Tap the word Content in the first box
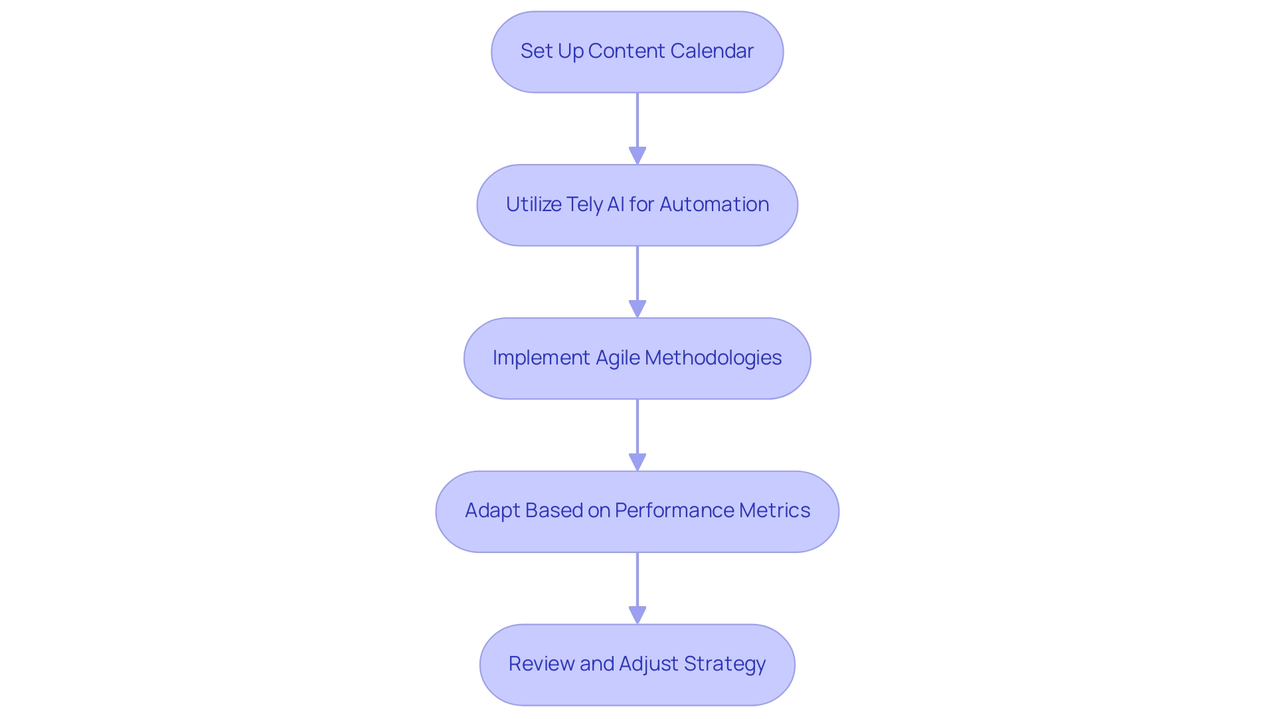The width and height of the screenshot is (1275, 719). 627,51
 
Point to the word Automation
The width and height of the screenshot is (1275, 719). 714,204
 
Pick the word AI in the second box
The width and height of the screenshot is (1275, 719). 616,204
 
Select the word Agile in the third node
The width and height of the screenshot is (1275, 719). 618,358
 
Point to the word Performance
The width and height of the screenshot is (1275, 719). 674,511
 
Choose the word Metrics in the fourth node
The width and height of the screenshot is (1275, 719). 774,511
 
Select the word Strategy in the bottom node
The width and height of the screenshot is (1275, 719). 724,664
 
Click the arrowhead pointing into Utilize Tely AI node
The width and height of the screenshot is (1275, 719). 637,155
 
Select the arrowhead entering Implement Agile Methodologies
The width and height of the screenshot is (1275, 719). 637,309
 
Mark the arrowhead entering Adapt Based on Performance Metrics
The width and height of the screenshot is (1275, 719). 637,462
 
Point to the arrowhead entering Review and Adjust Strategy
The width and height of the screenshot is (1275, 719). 637,615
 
